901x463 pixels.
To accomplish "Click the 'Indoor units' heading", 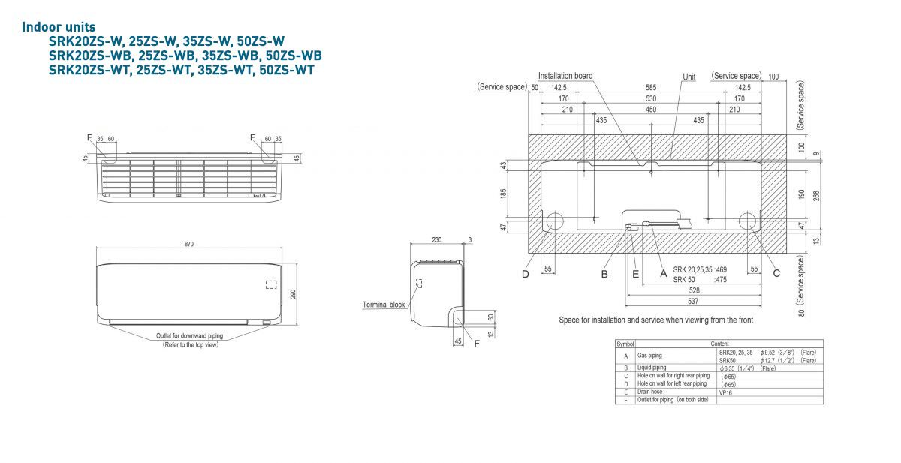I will [59, 27].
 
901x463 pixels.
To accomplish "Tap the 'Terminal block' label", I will [384, 305].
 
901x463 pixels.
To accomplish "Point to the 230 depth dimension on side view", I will [437, 240].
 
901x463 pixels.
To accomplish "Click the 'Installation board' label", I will [565, 76].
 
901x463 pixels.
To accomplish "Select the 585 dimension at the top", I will [650, 88].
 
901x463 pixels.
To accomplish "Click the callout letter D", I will [526, 274].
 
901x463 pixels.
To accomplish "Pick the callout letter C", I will [777, 274].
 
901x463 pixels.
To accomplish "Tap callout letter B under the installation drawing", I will [604, 274].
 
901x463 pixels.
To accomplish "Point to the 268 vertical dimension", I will [817, 194].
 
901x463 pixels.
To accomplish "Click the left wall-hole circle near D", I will [555, 221].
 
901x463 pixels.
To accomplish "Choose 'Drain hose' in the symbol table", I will [650, 391].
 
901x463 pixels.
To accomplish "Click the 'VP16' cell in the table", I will [725, 391].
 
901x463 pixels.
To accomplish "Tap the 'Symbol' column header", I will [625, 344].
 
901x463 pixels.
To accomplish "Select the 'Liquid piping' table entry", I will [652, 368].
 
